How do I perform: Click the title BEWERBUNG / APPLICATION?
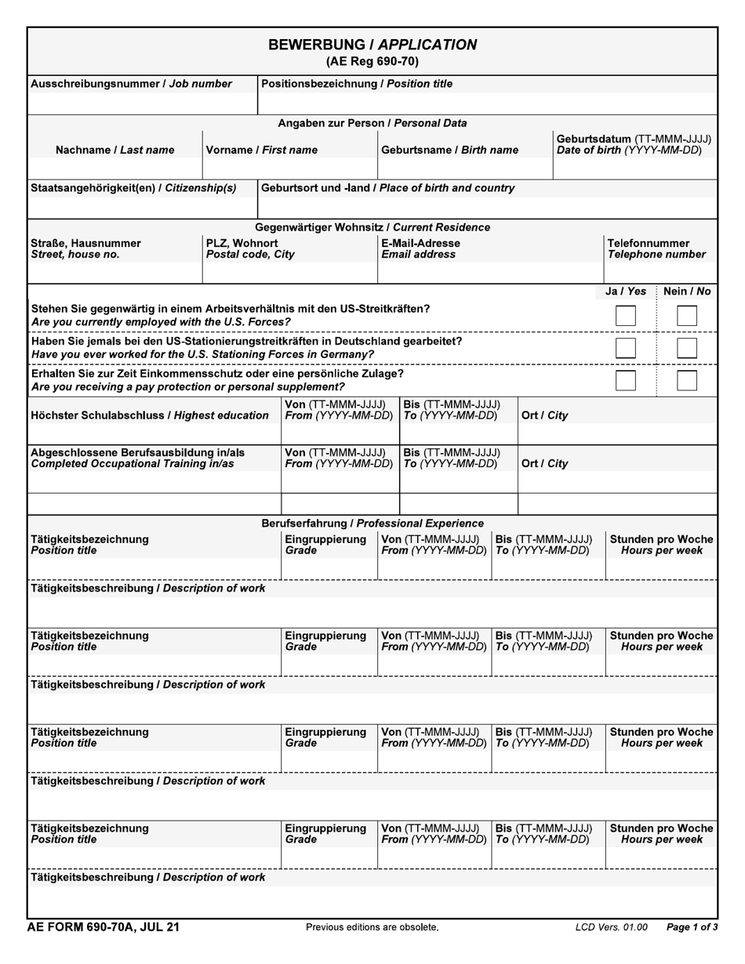point(372,45)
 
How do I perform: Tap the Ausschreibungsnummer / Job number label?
point(132,84)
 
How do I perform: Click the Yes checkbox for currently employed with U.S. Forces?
point(625,316)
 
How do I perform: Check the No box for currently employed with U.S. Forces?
point(686,316)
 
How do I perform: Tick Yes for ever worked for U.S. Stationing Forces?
point(625,348)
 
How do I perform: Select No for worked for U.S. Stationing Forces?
point(686,348)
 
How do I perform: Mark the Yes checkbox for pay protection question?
point(625,380)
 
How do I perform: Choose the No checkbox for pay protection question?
point(686,380)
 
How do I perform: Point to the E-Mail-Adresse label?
point(421,243)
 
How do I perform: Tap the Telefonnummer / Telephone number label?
point(656,248)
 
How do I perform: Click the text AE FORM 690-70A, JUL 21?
point(104,927)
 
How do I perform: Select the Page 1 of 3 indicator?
point(692,927)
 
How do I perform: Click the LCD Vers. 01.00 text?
point(611,927)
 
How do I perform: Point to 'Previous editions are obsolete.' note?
point(372,927)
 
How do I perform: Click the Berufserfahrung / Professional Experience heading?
point(372,523)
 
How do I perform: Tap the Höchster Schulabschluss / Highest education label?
point(149,415)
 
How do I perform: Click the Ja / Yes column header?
point(626,292)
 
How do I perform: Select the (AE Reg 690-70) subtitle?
point(372,61)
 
